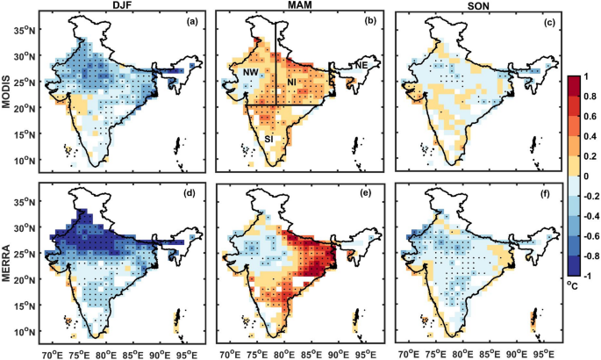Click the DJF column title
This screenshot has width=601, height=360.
point(118,4)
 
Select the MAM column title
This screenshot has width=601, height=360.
point(299,4)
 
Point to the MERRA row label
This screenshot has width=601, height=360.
point(6,263)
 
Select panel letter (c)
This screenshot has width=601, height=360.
point(549,22)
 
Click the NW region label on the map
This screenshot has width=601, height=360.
point(250,72)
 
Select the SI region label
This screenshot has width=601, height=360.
point(268,139)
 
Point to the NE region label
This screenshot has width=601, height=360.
point(361,66)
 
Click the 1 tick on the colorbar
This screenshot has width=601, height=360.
point(585,76)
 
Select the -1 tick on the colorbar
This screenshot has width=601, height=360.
point(586,276)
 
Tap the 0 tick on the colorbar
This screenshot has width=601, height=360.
point(585,176)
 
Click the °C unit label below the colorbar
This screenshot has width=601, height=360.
point(573,285)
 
